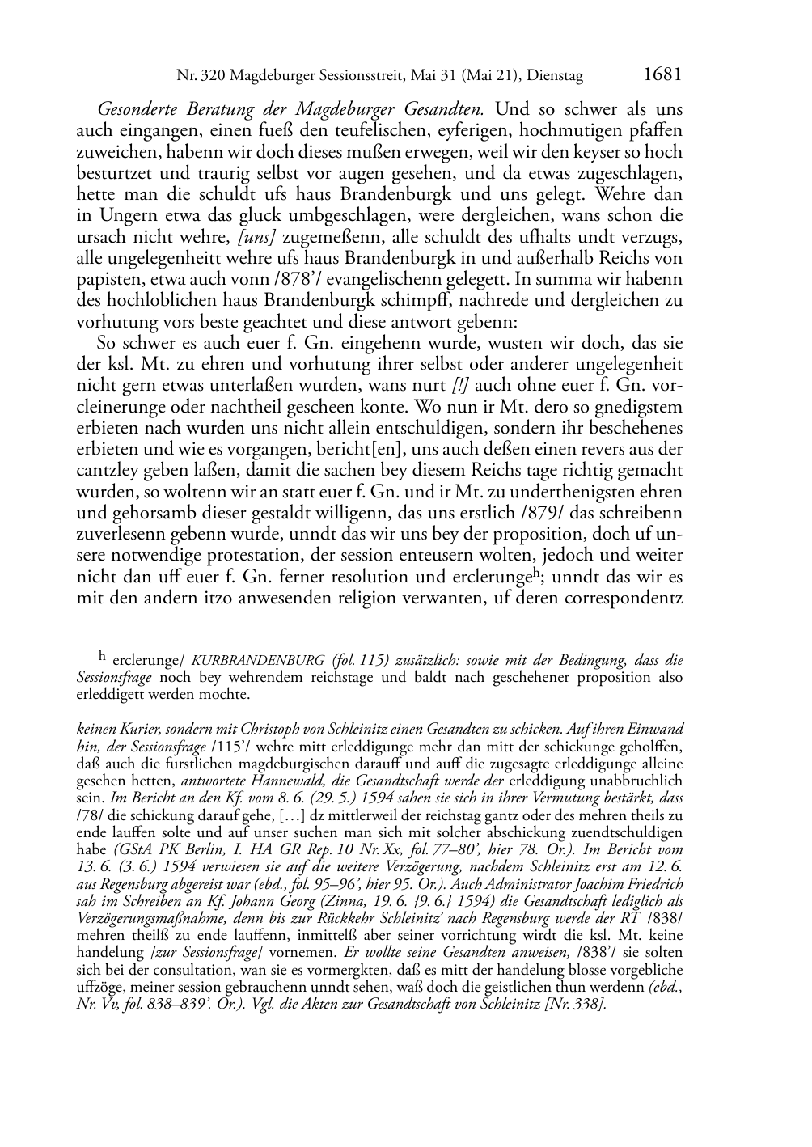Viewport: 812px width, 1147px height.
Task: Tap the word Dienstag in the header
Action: [554, 77]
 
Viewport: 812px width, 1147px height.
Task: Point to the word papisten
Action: [104, 279]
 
